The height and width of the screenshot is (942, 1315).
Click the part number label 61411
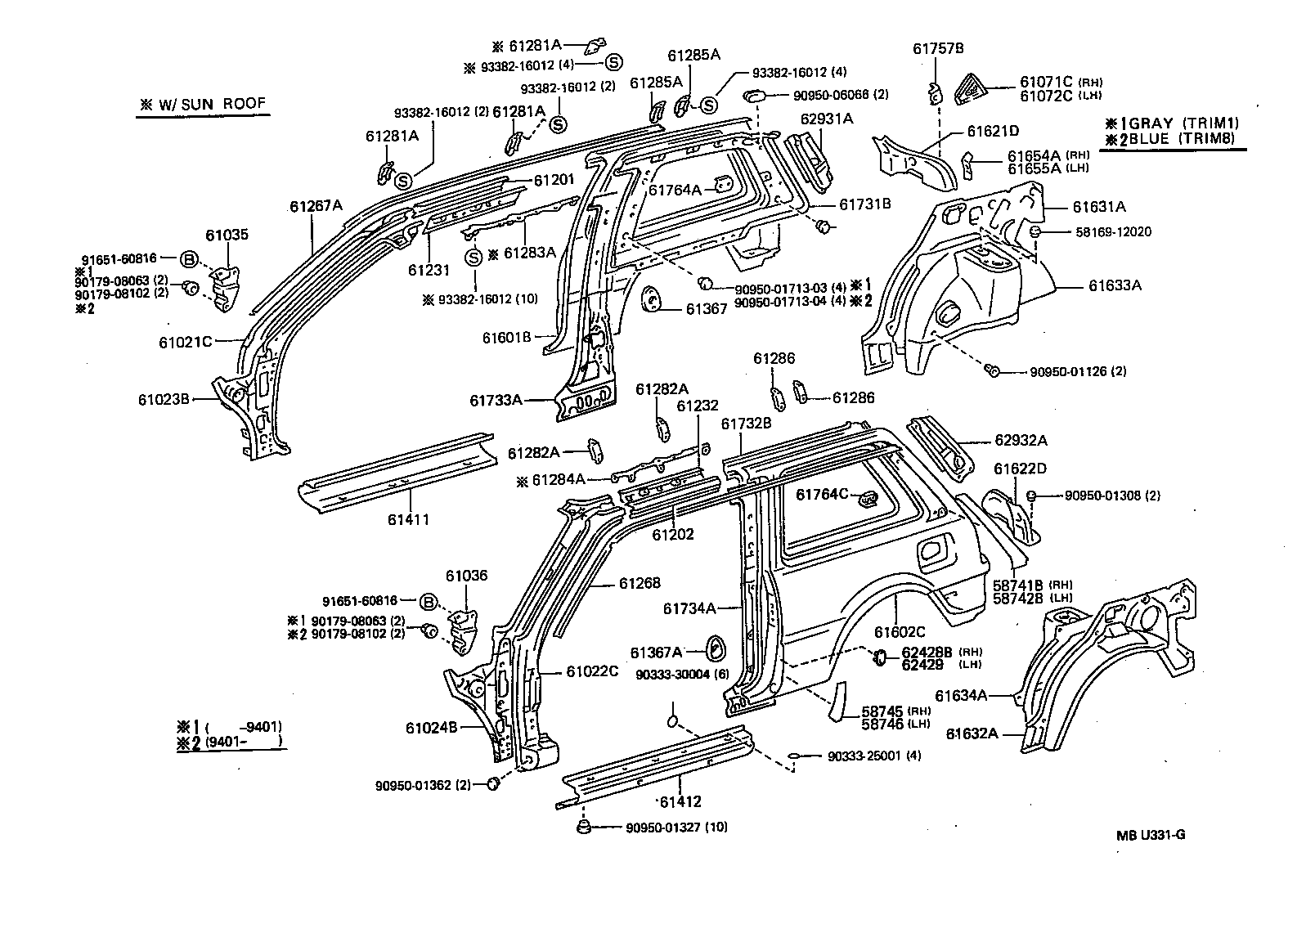click(408, 518)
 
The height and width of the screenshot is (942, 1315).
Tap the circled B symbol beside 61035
click(188, 259)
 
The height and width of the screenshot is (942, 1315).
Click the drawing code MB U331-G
click(1151, 835)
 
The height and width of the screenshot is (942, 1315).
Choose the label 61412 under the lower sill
click(680, 801)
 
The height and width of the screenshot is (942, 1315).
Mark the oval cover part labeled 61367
click(653, 298)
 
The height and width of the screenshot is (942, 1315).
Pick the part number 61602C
click(900, 632)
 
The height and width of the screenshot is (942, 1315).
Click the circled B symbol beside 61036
click(428, 602)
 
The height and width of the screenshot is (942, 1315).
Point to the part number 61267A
click(316, 206)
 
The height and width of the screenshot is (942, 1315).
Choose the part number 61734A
click(689, 608)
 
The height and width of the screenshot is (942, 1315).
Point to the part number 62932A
click(1021, 440)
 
